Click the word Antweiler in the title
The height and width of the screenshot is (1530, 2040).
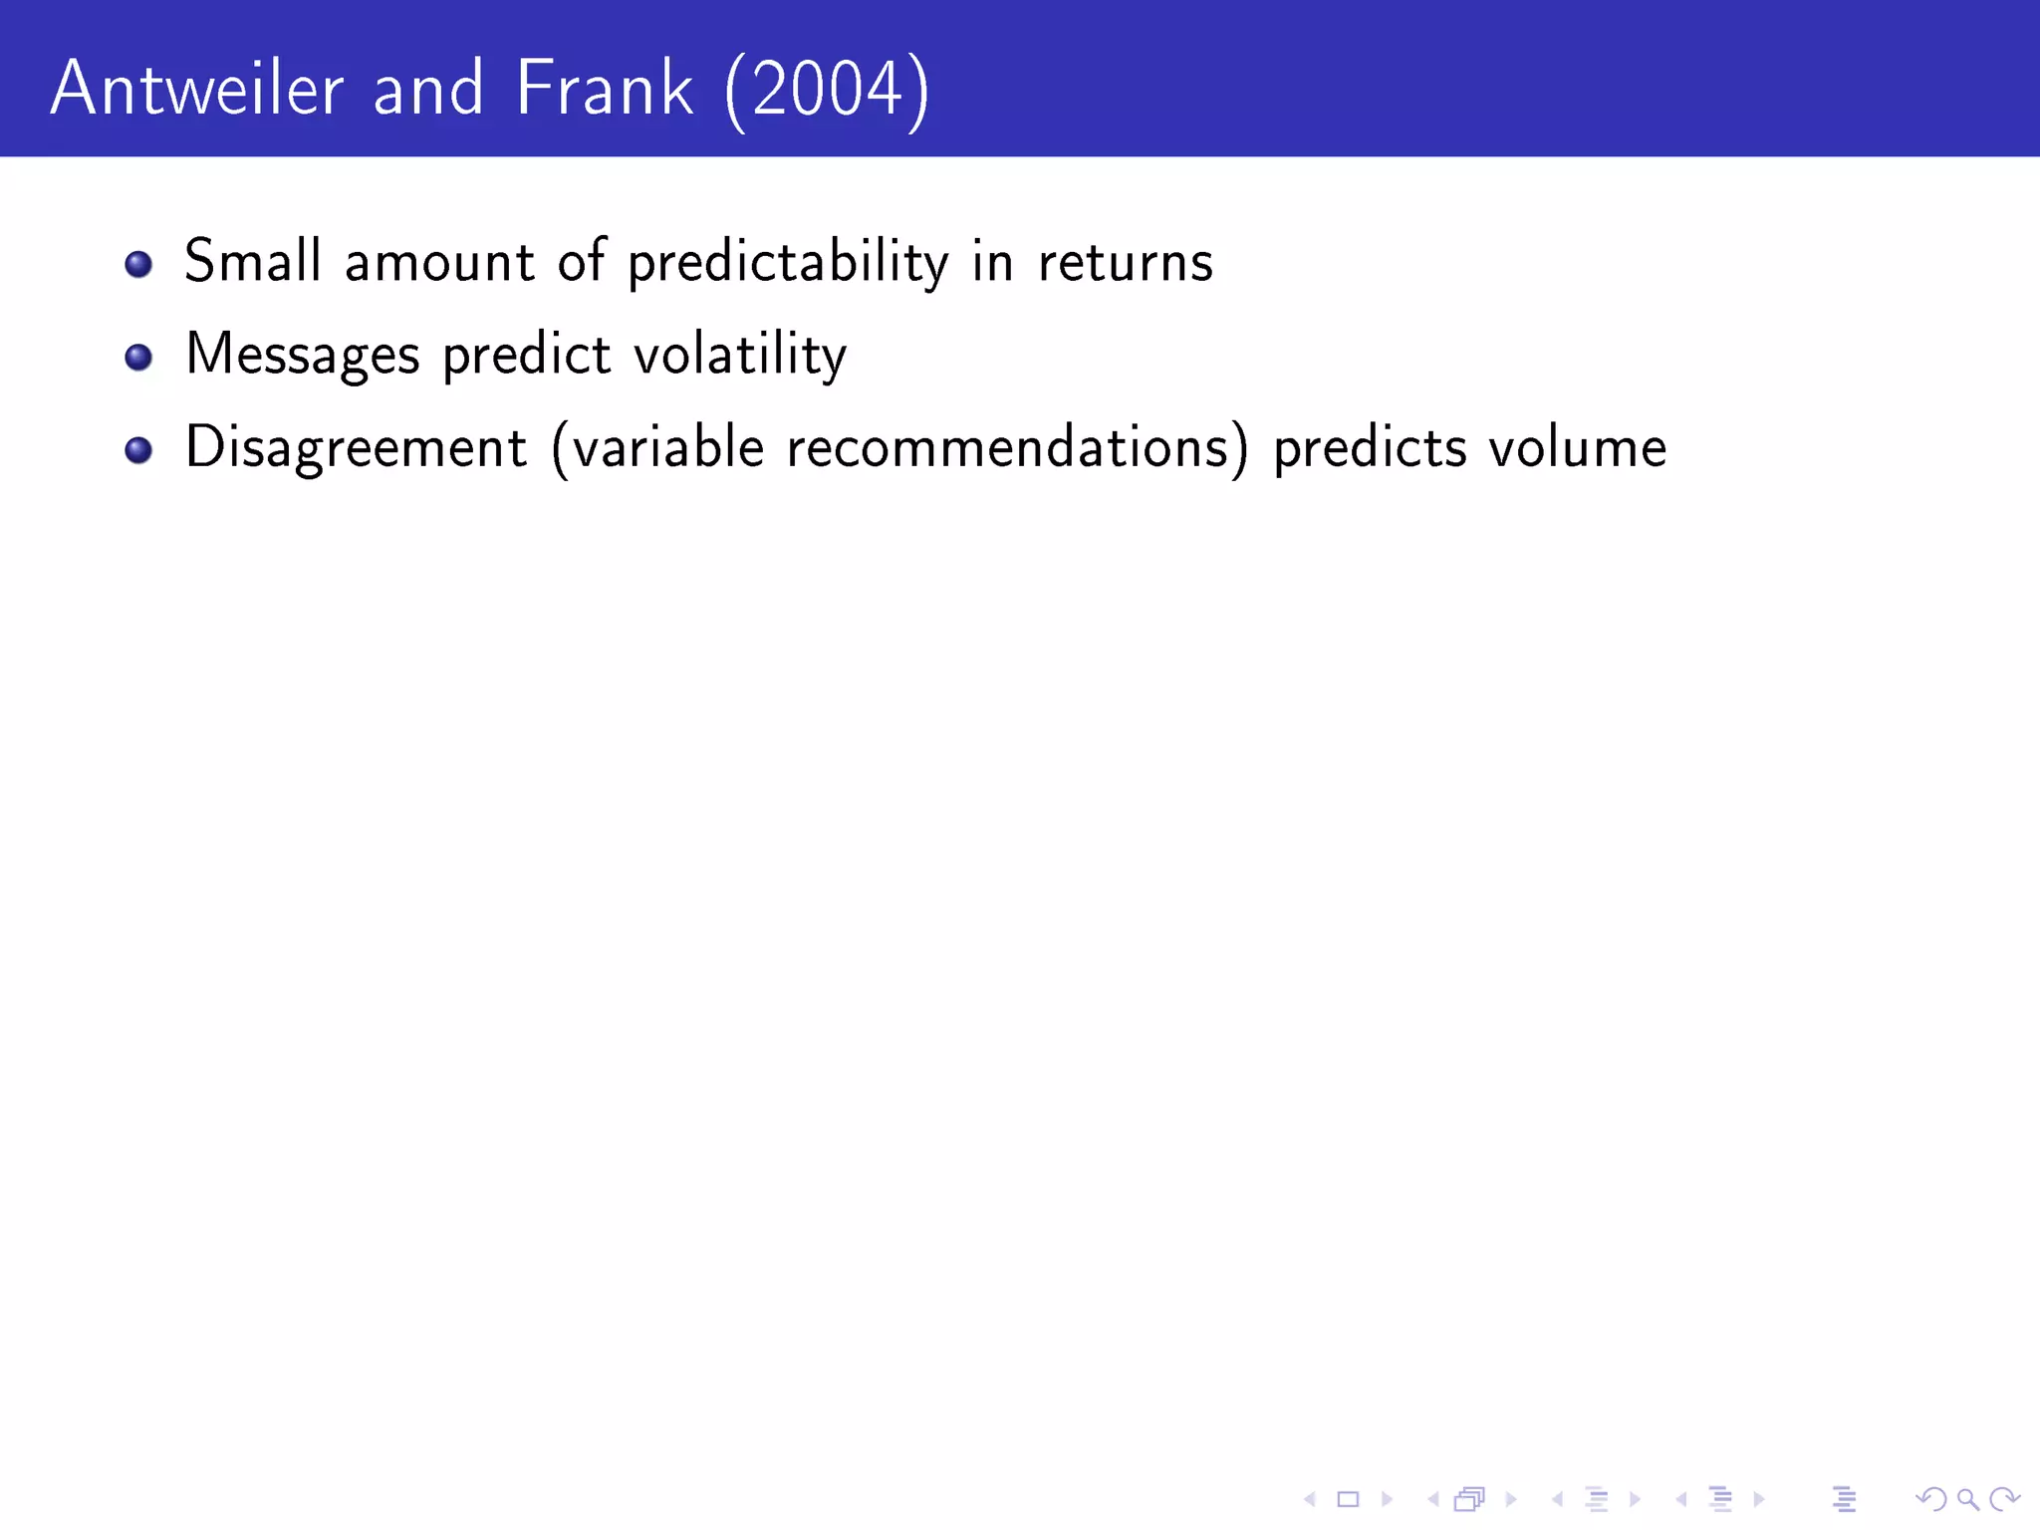tap(197, 90)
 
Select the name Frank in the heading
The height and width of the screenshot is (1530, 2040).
tap(604, 90)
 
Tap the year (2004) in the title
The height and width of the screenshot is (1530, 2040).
tap(827, 92)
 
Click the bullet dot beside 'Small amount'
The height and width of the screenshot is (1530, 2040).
tap(138, 264)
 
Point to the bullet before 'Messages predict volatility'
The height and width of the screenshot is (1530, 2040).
tap(138, 357)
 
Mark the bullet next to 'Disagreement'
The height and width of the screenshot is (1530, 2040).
tap(138, 450)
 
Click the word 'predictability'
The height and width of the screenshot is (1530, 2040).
tap(788, 263)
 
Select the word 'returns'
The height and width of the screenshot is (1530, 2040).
tap(1126, 263)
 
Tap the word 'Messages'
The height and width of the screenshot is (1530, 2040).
tap(303, 356)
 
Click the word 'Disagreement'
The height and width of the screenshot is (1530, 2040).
tap(356, 448)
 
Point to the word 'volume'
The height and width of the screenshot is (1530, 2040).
tap(1578, 448)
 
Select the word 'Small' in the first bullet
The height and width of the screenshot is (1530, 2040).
tap(253, 262)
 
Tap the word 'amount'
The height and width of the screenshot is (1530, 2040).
tap(439, 264)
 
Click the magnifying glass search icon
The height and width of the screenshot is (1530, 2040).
tap(1967, 1499)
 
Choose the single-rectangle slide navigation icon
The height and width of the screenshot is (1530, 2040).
tap(1348, 1499)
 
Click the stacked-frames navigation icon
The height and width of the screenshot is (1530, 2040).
tap(1469, 1499)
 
